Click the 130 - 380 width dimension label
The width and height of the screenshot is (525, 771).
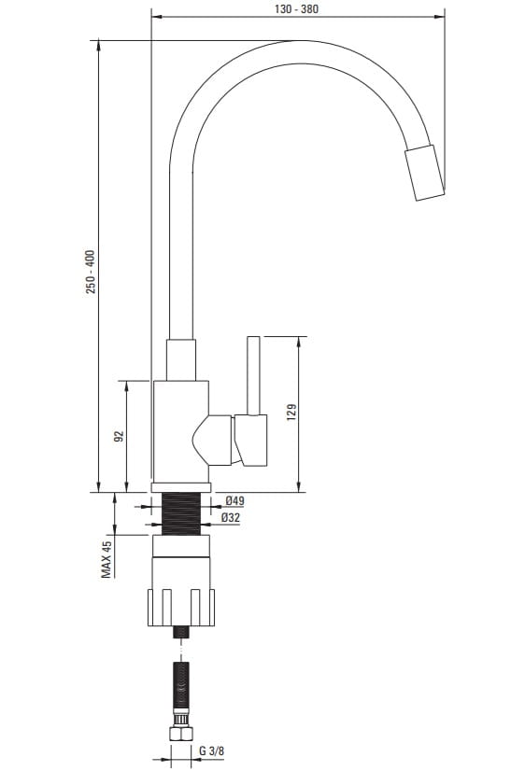point(296,8)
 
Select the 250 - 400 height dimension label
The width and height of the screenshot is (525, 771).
point(91,272)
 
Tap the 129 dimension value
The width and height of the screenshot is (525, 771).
point(291,412)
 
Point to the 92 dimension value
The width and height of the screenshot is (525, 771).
point(119,436)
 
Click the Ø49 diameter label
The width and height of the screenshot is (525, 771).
point(234,501)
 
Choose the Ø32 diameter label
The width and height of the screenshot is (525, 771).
point(231,517)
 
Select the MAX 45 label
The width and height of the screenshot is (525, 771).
point(106,558)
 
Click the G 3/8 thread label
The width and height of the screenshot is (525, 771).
point(211,750)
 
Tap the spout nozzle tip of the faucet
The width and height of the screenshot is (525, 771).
point(425,173)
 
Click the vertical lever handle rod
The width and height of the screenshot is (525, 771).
point(253,375)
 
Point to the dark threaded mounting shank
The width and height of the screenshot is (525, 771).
point(181,513)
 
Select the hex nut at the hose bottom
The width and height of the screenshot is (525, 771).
point(180,734)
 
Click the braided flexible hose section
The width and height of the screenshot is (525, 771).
point(181,685)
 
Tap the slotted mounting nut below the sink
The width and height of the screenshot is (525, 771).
point(181,608)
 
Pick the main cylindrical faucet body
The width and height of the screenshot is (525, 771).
point(181,432)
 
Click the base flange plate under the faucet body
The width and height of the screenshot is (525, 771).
point(181,488)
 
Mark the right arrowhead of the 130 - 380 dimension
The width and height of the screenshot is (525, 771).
point(439,17)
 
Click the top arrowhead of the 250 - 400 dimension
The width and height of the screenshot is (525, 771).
point(99,46)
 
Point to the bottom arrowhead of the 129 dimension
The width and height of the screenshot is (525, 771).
point(299,487)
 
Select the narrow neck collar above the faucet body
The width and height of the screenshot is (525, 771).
point(181,360)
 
